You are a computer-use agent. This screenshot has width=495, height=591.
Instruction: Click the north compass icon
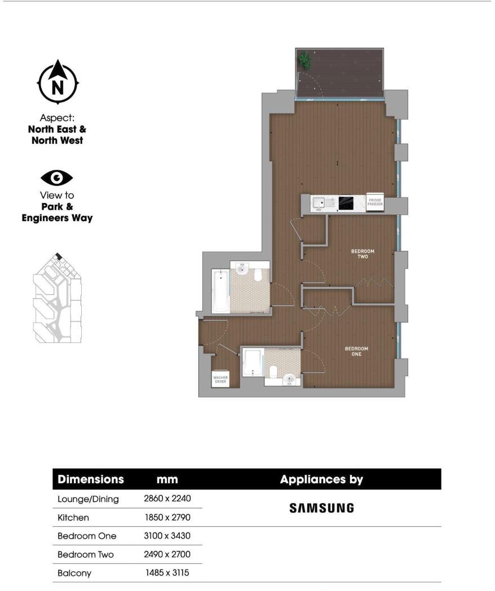57,82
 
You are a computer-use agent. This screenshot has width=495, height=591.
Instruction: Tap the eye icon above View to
56,178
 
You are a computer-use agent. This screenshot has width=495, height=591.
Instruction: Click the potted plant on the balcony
305,58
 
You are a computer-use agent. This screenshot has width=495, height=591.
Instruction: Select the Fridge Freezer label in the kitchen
375,204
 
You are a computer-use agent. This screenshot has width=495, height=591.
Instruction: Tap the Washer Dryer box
219,380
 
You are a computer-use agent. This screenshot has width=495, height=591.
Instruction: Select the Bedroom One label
356,351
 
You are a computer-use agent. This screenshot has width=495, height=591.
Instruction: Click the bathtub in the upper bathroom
220,291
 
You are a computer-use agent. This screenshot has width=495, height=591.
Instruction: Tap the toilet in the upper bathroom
259,275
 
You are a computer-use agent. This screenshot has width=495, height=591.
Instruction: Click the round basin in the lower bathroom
290,379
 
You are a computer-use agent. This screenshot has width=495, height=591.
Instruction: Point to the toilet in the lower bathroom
273,372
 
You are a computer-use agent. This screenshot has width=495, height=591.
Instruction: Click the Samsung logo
321,508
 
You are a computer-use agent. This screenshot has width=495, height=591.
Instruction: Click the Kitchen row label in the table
73,517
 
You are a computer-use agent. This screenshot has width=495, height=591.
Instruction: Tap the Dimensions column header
91,479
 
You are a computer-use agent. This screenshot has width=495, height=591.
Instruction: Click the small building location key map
56,299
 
